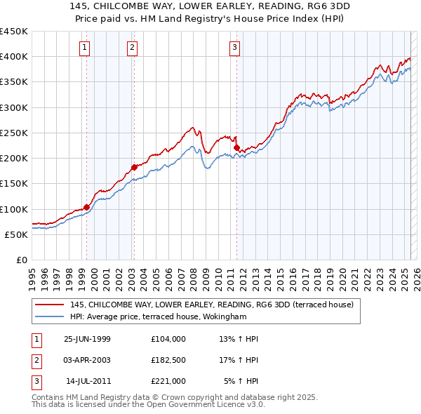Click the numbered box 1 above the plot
[85, 48]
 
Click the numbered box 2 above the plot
[132, 48]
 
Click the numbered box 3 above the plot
[234, 48]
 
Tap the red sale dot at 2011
[236, 147]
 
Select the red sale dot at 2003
[134, 167]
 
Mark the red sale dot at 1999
[87, 207]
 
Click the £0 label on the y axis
[21, 260]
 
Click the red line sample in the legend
[49, 305]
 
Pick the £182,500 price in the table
[168, 360]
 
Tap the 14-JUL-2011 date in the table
[88, 381]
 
